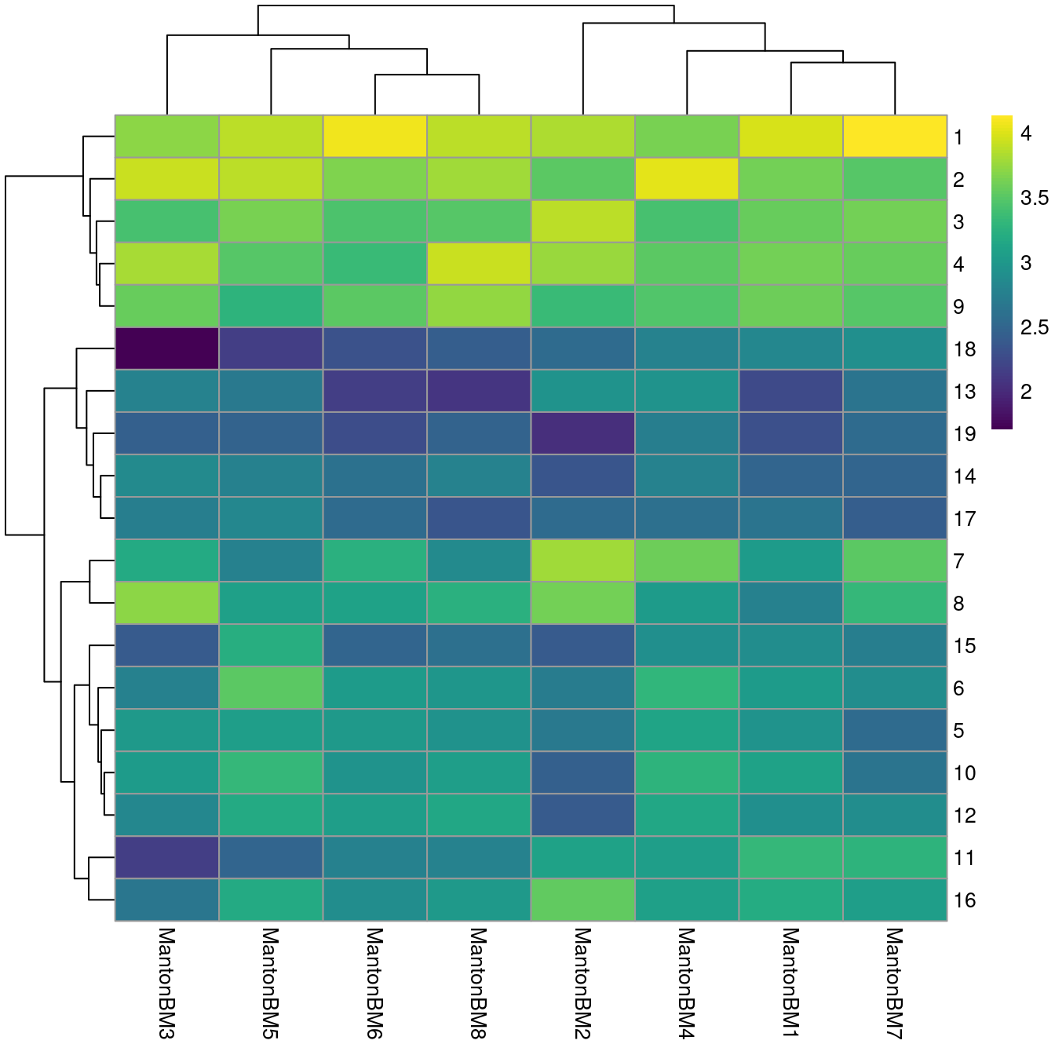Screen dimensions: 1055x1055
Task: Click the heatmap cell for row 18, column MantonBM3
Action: pyautogui.click(x=166, y=349)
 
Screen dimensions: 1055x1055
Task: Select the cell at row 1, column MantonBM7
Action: pyautogui.click(x=895, y=137)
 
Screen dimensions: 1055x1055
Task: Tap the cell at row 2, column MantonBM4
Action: pyautogui.click(x=687, y=179)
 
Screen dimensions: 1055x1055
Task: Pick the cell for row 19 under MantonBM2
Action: pyautogui.click(x=582, y=433)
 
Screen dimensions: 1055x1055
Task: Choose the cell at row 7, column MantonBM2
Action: pyautogui.click(x=582, y=560)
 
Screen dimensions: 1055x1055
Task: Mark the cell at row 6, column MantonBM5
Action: pyautogui.click(x=271, y=688)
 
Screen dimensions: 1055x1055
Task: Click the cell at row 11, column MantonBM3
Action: pyautogui.click(x=166, y=857)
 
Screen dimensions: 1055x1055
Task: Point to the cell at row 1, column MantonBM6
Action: pyautogui.click(x=374, y=137)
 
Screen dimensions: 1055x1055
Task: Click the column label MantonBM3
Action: pyautogui.click(x=166, y=983)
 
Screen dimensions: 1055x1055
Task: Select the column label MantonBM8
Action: pyautogui.click(x=479, y=983)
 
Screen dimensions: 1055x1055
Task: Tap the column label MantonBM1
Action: pyautogui.click(x=790, y=983)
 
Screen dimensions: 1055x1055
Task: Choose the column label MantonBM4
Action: pyautogui.click(x=687, y=983)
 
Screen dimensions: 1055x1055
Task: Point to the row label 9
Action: pyautogui.click(x=958, y=307)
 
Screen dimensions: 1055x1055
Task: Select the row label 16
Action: pyautogui.click(x=965, y=900)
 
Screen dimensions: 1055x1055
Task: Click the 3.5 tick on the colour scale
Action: pyautogui.click(x=1034, y=198)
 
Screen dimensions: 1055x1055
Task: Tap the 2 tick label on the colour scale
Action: pyautogui.click(x=1026, y=392)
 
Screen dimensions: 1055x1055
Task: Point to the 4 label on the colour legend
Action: pyautogui.click(x=1026, y=133)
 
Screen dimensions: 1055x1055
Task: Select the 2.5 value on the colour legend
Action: pyautogui.click(x=1034, y=327)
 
